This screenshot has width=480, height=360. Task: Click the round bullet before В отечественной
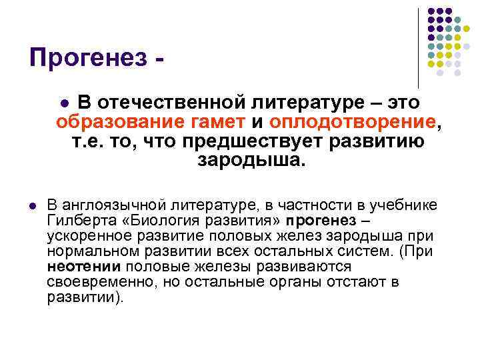[64, 103]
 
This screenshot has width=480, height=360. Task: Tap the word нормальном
[87, 251]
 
